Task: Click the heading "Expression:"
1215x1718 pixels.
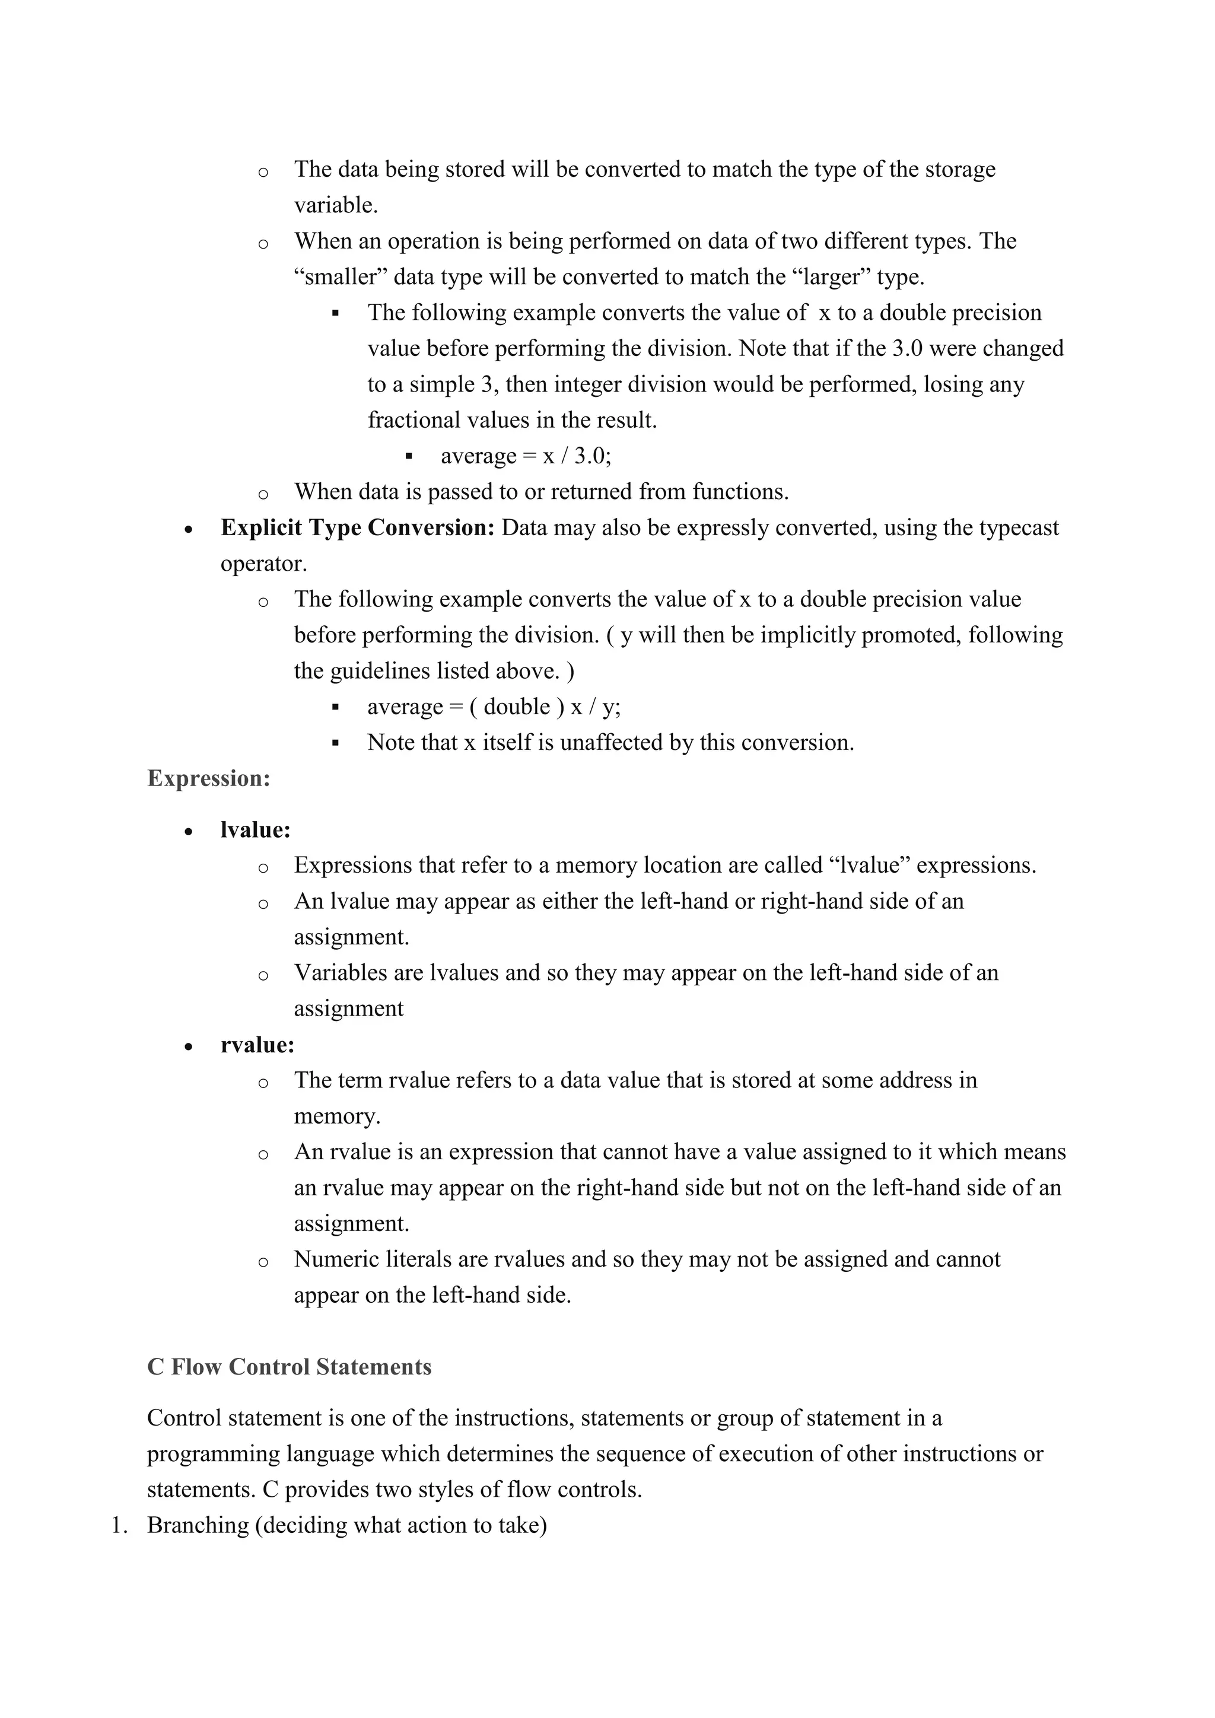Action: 208,778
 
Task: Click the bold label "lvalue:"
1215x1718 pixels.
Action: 255,830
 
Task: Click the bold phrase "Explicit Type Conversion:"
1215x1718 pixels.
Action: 358,527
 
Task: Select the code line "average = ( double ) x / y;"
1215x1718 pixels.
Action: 494,707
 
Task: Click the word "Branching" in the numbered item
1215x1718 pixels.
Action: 198,1525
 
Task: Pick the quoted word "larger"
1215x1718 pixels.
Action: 831,277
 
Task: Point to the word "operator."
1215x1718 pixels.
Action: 263,564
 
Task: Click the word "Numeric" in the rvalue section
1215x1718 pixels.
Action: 336,1259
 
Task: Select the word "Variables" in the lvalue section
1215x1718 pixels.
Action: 343,973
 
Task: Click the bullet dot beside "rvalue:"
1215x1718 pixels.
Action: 189,1047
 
